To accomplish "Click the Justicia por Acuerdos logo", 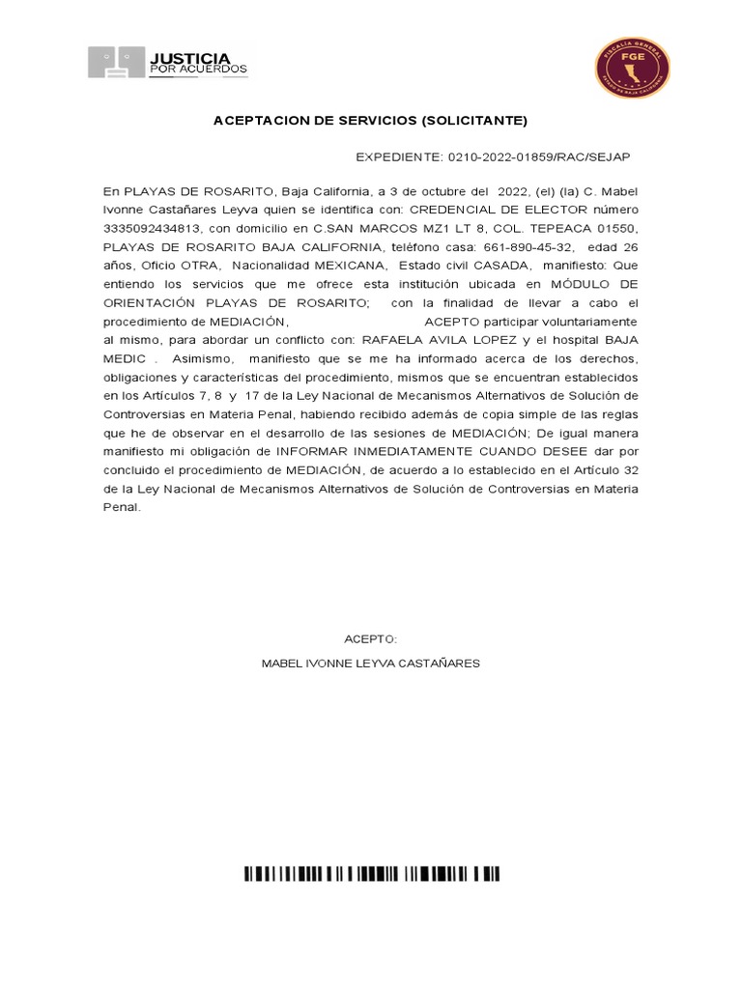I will coord(168,63).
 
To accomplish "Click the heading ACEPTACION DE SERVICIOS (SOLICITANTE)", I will coord(370,121).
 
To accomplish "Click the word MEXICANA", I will coord(350,265).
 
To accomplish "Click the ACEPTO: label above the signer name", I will coord(371,639).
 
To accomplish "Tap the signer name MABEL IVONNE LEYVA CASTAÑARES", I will coord(371,664).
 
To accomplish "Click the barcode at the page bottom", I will coord(371,875).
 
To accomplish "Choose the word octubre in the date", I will coord(443,191).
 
